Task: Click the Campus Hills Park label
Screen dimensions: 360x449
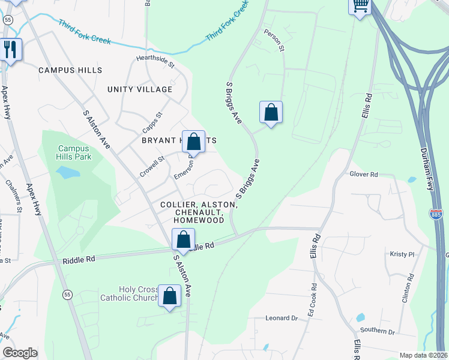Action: click(75, 153)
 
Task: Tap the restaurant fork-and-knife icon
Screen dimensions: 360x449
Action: click(10, 49)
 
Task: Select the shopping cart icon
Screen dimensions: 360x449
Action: click(360, 5)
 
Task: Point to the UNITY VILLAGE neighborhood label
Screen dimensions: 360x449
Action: click(140, 89)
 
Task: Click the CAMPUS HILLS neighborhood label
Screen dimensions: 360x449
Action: click(70, 70)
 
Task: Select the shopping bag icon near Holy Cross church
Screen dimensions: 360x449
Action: click(169, 295)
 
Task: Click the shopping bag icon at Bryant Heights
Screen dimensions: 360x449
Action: click(194, 142)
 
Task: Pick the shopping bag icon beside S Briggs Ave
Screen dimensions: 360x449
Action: click(271, 112)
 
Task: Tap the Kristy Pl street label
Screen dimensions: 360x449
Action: click(402, 254)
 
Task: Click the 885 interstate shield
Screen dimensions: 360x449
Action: click(436, 214)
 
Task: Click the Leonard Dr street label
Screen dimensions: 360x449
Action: click(282, 318)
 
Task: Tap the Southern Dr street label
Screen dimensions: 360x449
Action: click(378, 331)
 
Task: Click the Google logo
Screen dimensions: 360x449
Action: click(20, 353)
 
